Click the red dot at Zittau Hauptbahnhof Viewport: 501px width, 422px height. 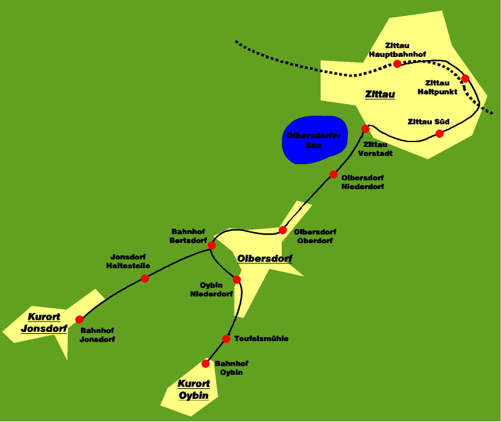pos(397,64)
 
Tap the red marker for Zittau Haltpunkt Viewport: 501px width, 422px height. pos(465,78)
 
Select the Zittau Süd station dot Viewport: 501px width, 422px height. pos(439,134)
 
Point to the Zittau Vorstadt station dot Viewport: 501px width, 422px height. pos(366,129)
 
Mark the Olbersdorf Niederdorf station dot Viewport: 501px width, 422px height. pos(334,175)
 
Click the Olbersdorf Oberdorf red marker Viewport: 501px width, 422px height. pos(283,230)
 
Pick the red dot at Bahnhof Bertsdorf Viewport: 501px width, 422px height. pos(212,246)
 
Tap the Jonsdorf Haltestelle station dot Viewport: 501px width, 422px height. pos(145,279)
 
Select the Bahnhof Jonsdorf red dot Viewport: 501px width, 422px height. pos(79,319)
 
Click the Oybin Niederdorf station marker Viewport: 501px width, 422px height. pos(237,280)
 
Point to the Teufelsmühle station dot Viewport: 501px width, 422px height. pos(225,339)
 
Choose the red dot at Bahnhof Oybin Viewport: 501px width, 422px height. pos(206,364)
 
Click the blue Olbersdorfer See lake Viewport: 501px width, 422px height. pos(314,139)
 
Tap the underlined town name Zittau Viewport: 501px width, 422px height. pos(380,94)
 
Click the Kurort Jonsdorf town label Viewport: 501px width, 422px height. pos(43,323)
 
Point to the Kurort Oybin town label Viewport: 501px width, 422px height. pos(194,390)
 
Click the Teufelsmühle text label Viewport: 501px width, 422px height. pos(262,339)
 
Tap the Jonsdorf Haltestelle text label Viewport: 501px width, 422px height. pos(127,261)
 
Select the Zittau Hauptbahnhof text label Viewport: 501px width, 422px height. pos(401,50)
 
